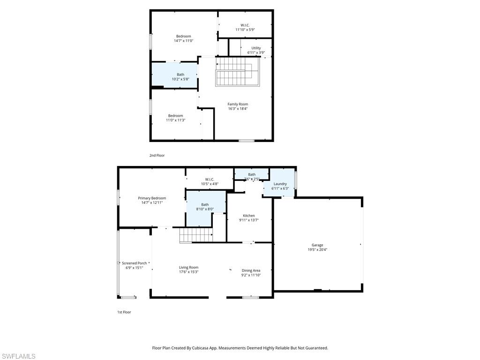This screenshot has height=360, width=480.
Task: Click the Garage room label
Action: (x=317, y=245)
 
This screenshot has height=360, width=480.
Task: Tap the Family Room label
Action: (x=238, y=104)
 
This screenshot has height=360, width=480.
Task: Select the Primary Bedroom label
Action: (x=152, y=198)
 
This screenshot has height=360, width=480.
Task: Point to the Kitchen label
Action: (x=249, y=216)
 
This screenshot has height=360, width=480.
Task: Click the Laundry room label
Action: (x=280, y=184)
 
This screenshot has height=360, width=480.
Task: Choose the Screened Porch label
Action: (x=134, y=263)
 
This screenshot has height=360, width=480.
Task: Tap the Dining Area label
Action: (x=251, y=270)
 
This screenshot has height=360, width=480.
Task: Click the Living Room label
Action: (x=188, y=268)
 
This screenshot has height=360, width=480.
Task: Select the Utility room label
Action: (x=256, y=48)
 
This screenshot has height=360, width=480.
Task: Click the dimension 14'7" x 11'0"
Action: (x=183, y=41)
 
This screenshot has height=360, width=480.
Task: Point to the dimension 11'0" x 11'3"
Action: (x=176, y=120)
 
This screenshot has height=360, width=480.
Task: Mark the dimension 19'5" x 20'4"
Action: (x=317, y=250)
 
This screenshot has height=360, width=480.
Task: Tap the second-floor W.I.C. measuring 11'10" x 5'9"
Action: (x=245, y=27)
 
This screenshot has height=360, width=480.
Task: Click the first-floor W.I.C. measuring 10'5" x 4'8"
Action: (x=210, y=181)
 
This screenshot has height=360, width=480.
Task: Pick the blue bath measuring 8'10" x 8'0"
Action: (x=205, y=207)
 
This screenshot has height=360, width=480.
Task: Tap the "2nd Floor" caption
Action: (x=157, y=155)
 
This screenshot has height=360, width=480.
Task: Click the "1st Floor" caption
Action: (x=124, y=312)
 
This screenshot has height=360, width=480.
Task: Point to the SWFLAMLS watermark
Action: (x=18, y=356)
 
